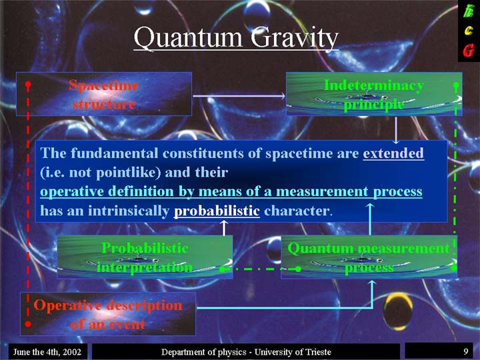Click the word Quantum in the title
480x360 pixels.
click(187, 37)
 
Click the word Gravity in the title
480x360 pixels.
click(295, 38)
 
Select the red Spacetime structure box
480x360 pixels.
click(104, 94)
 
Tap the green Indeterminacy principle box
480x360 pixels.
click(374, 94)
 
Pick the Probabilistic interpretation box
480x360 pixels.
click(145, 257)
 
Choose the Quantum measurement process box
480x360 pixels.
click(369, 257)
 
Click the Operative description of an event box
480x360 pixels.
click(108, 314)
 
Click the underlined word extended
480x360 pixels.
click(393, 153)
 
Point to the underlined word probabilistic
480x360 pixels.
click(217, 211)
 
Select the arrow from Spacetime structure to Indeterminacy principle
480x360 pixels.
click(239, 96)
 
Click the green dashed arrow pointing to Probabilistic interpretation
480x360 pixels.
click(261, 269)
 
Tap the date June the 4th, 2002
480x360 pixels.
click(47, 352)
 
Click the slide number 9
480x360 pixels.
click(466, 351)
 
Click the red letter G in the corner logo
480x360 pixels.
click(469, 51)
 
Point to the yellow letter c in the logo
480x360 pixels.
click(469, 31)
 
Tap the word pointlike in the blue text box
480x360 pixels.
click(128, 173)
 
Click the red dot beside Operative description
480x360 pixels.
click(28, 324)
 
